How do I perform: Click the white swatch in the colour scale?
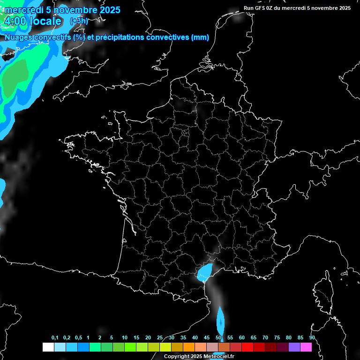pos(48,347)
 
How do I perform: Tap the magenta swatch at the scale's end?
pos(306,347)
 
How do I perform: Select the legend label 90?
pos(312,337)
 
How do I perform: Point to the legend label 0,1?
pos(55,337)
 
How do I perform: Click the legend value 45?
pos(207,337)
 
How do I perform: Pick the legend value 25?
pos(160,337)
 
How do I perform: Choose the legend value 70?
pos(265,337)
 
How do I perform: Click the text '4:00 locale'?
pos(33,22)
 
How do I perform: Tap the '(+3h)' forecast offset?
pos(78,21)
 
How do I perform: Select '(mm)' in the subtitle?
pos(200,37)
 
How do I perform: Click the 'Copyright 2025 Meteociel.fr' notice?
pos(199,356)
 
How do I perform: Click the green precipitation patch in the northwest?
pos(16,77)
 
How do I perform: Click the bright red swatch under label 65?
pos(247,347)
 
